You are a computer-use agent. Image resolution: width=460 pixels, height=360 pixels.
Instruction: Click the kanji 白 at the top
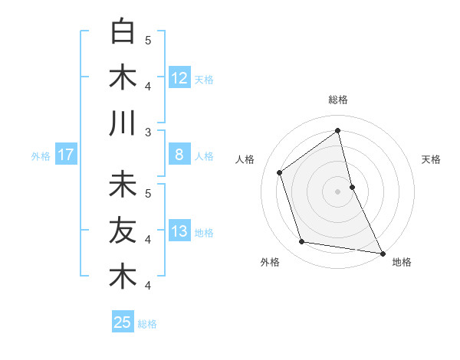pos(123,32)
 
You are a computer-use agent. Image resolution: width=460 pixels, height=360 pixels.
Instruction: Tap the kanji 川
pos(123,123)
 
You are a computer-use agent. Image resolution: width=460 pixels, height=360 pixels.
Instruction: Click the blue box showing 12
pos(179,77)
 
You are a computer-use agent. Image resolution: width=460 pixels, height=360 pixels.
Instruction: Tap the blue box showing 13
pos(179,232)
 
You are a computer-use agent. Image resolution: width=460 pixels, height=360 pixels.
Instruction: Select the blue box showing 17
pos(65,155)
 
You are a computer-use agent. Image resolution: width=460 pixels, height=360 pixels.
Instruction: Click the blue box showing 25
pos(123,322)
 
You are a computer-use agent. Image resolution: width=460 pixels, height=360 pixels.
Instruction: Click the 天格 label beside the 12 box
pos(204,79)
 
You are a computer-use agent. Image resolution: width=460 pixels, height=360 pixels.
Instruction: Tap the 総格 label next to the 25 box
pos(147,324)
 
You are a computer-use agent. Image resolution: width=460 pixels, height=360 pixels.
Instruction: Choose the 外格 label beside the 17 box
pos(41,156)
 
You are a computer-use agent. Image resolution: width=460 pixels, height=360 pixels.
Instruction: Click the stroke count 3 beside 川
pos(149,132)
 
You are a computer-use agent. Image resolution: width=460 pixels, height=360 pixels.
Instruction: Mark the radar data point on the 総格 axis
pos(337,130)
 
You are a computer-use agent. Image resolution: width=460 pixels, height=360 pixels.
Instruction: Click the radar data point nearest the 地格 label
pos(382,253)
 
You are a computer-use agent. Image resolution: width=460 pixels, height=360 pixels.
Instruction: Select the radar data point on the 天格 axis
pos(352,186)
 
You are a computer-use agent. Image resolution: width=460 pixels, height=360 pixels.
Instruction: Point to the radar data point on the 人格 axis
pos(280,172)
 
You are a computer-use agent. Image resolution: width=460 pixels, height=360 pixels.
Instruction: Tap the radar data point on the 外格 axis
pos(302,242)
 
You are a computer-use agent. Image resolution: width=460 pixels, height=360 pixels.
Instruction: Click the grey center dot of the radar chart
pos(337,191)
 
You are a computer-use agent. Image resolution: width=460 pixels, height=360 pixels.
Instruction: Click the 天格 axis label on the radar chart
pos(431,159)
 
